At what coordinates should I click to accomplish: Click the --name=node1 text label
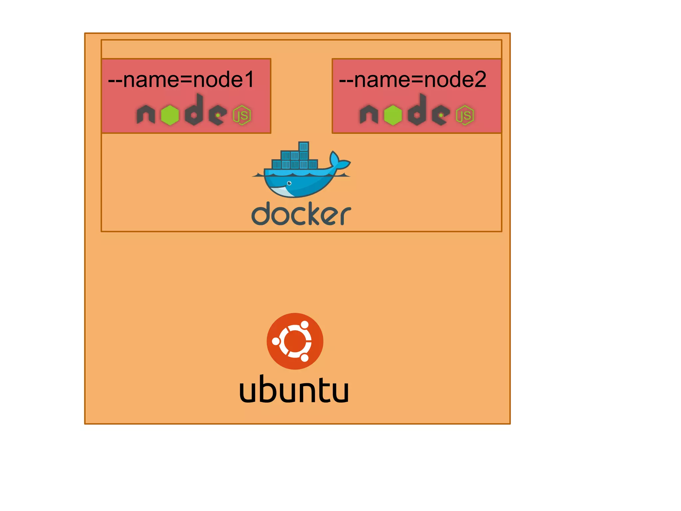click(x=181, y=80)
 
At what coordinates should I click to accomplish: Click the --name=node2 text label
click(x=412, y=80)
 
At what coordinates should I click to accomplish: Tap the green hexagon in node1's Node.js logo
click(x=170, y=115)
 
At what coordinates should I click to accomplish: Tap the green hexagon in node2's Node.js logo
click(x=393, y=115)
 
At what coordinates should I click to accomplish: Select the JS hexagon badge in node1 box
click(x=242, y=115)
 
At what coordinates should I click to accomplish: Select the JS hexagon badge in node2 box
click(x=465, y=115)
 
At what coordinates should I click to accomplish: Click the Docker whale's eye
click(x=289, y=183)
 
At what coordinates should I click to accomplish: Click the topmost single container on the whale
click(x=304, y=146)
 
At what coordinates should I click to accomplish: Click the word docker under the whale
click(x=301, y=214)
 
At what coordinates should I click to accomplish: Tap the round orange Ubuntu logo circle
click(x=295, y=341)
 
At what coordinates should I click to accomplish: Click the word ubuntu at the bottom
click(x=294, y=389)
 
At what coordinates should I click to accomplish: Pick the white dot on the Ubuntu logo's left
click(x=276, y=341)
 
